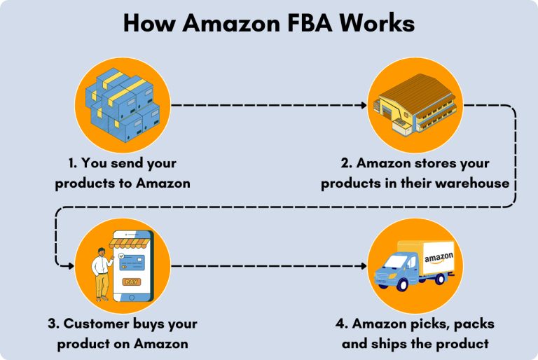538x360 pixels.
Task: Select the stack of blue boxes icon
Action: click(123, 104)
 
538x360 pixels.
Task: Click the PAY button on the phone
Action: click(131, 282)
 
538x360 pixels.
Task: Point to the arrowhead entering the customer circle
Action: click(70, 266)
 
